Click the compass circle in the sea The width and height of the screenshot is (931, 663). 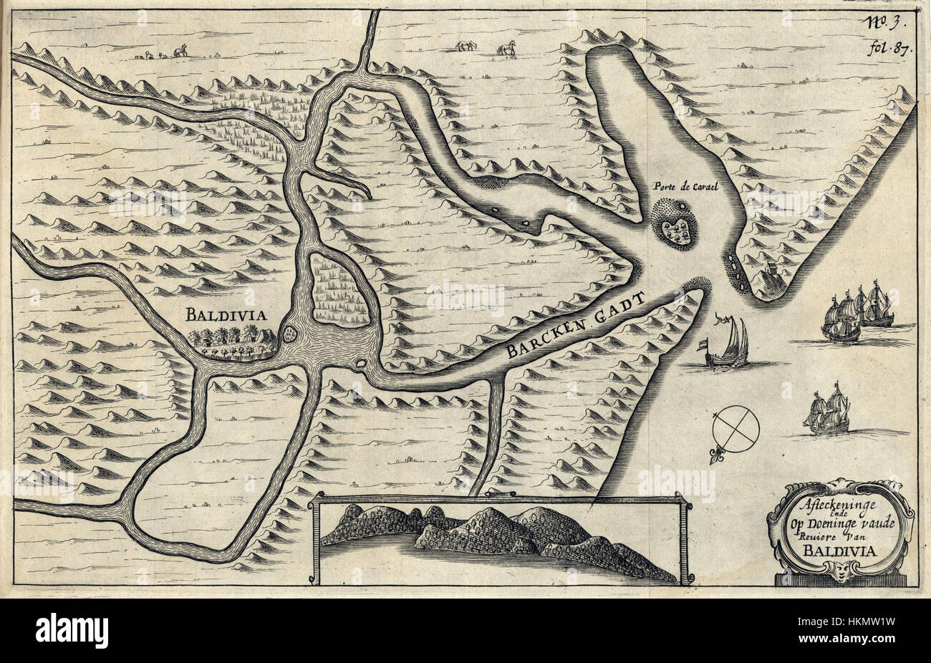(735, 428)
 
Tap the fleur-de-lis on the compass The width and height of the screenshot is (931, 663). (715, 454)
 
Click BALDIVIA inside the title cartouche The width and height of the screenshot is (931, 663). (839, 551)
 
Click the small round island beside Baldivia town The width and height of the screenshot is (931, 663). (290, 332)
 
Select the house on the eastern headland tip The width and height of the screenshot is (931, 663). (771, 273)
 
